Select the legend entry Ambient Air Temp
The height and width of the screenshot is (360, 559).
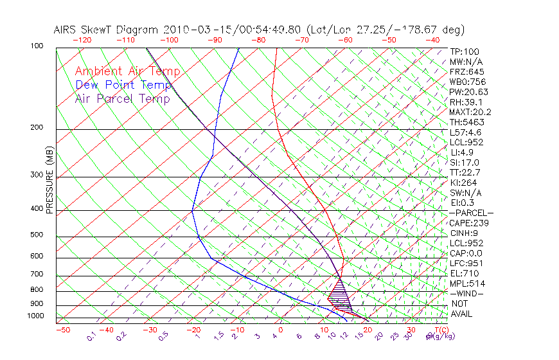pyautogui.click(x=127, y=71)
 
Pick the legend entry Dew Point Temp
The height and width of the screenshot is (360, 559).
pyautogui.click(x=123, y=85)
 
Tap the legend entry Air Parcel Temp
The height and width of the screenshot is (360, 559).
pyautogui.click(x=122, y=98)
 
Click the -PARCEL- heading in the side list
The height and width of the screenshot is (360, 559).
pyautogui.click(x=471, y=213)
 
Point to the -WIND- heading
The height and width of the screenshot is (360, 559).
pyautogui.click(x=466, y=293)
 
